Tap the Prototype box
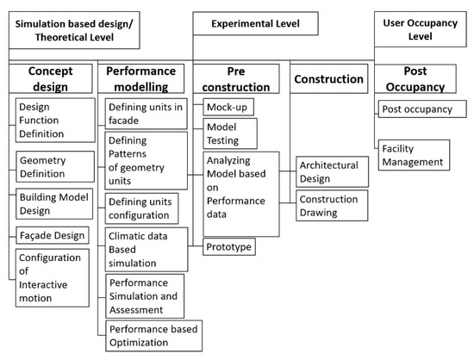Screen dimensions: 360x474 coord(229,247)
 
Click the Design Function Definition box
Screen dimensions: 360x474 coord(54,119)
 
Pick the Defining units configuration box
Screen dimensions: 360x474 coord(141,208)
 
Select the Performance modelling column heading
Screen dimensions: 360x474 coord(142,78)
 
